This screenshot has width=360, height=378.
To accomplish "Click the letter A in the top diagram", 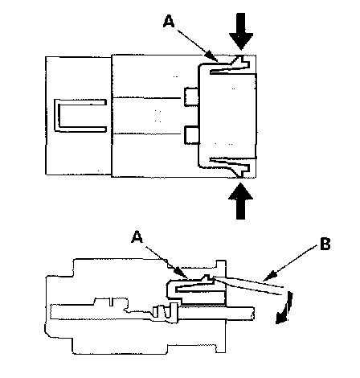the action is tap(169, 21).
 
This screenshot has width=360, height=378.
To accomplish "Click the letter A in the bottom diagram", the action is tap(137, 236).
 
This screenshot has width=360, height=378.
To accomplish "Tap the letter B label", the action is tap(325, 244).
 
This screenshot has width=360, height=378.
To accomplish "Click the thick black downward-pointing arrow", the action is tap(241, 31).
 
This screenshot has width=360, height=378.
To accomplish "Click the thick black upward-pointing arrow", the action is tap(240, 201).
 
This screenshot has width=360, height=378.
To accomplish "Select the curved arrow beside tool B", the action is tap(285, 308).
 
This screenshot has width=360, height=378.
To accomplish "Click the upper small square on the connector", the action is tap(191, 97).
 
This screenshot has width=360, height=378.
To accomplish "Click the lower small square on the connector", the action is tap(191, 135).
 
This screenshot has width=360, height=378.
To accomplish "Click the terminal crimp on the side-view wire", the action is tap(166, 311).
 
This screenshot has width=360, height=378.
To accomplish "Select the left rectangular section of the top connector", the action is tap(79, 116).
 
